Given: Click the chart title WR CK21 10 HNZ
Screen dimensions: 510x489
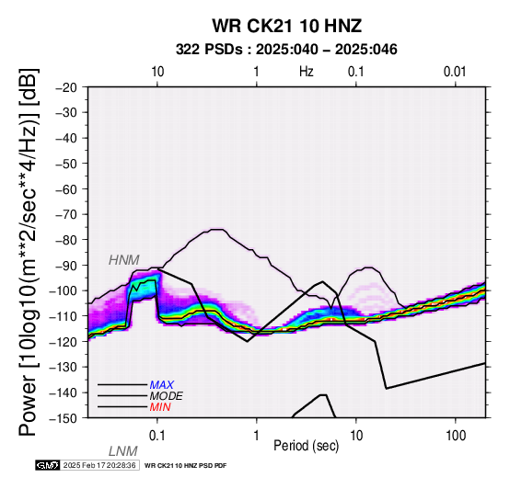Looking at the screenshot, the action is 287,26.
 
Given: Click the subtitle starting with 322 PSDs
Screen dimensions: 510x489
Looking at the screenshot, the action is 286,50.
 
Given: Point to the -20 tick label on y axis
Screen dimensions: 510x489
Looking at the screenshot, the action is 66,87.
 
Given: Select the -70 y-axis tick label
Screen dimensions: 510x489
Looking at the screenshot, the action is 66,214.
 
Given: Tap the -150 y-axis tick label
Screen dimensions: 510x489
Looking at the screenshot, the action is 63,418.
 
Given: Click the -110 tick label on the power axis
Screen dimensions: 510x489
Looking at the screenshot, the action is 63,316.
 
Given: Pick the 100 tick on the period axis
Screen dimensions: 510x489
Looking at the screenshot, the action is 456,436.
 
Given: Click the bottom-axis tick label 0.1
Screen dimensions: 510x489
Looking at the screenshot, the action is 157,436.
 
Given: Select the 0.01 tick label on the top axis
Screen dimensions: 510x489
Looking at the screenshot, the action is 455,72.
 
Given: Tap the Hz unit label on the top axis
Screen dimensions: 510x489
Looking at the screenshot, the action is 307,72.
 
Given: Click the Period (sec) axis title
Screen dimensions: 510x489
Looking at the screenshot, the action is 306,446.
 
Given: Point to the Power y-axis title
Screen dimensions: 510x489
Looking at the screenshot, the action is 29,252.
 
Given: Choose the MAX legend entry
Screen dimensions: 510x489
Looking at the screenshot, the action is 162,385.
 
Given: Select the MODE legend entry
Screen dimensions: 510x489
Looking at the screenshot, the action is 167,396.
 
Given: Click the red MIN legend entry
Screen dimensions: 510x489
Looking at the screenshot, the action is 160,407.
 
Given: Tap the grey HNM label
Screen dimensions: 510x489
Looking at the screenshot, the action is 124,260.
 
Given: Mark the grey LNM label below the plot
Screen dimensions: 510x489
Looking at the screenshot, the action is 123,451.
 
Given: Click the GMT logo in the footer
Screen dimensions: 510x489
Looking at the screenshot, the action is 48,466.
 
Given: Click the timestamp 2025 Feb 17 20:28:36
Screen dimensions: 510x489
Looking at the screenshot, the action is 99,466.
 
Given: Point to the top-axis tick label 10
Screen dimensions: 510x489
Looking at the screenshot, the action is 157,72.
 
